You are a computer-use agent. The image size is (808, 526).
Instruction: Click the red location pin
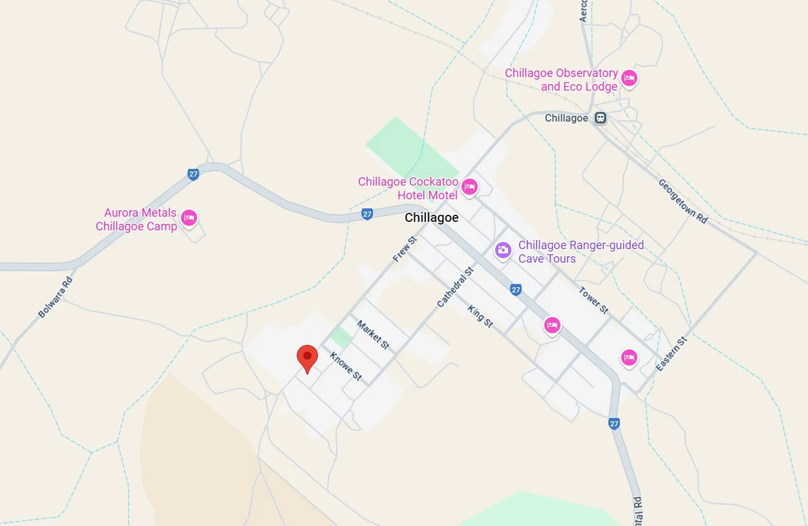307,357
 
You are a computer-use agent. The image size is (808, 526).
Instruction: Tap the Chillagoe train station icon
601,118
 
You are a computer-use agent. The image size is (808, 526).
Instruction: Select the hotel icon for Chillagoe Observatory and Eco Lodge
628,79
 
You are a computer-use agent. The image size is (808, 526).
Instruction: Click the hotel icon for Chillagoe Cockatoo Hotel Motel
469,188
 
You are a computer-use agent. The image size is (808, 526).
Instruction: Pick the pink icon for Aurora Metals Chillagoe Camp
189,219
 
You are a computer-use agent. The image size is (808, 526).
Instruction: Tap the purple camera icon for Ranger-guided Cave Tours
503,250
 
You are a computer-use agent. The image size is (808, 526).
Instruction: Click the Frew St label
405,249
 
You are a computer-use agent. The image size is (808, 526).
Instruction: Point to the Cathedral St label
455,287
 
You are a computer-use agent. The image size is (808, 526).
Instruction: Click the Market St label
373,335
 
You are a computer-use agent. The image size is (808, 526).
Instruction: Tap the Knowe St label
346,366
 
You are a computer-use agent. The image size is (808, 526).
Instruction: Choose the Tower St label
593,300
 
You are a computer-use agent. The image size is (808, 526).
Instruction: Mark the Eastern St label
672,353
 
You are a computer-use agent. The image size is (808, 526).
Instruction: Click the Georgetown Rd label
683,201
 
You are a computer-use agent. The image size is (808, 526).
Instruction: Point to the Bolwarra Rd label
56,297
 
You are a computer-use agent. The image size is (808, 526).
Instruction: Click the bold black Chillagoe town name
431,218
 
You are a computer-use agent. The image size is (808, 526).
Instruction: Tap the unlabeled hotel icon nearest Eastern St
629,357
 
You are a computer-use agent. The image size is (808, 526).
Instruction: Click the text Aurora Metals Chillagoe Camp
136,220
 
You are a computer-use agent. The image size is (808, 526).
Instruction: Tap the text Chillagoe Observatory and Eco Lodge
561,80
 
